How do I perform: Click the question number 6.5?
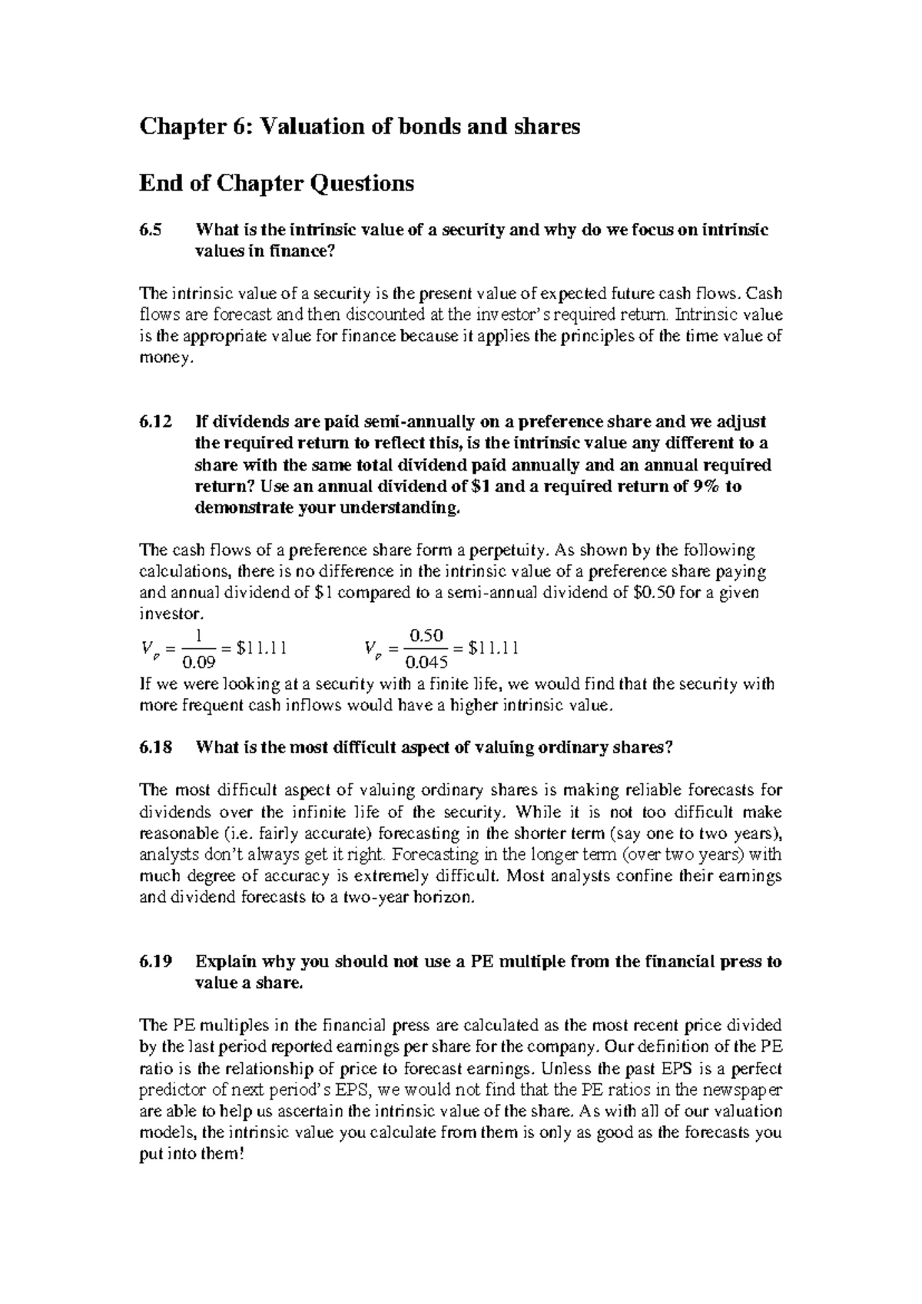[x=151, y=229]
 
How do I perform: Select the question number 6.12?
[x=156, y=421]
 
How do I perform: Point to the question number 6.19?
[x=156, y=961]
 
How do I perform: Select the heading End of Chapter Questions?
[x=276, y=183]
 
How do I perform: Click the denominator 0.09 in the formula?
[x=198, y=662]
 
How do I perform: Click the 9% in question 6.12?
[x=700, y=486]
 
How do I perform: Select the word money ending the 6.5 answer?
[x=160, y=358]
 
